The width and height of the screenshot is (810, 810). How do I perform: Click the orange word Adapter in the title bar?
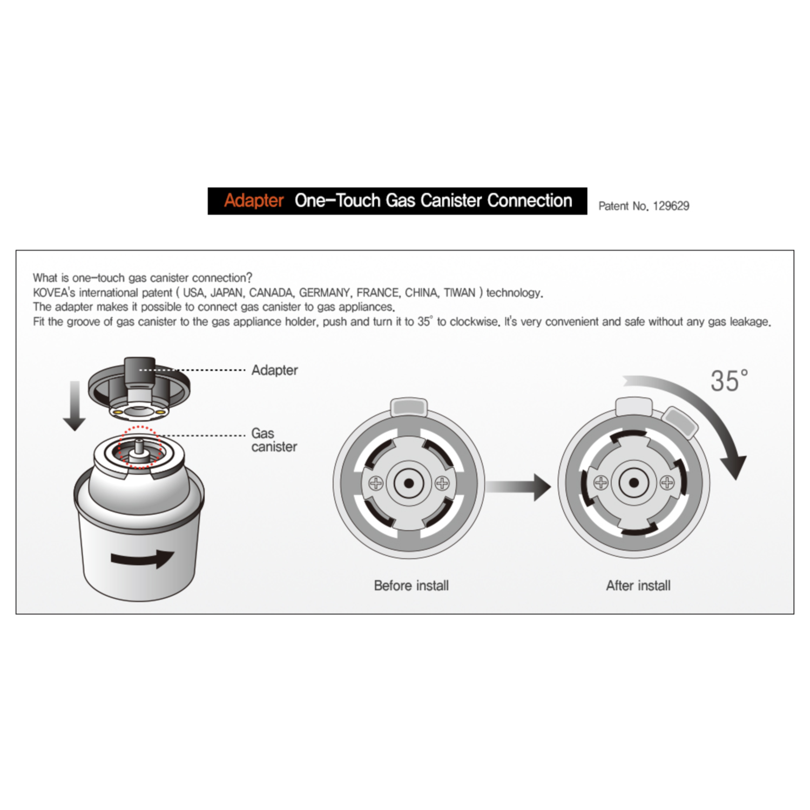254,201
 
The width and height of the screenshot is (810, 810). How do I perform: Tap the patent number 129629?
671,206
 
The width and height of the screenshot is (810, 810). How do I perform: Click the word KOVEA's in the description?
54,293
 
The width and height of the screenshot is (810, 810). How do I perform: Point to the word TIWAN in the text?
460,293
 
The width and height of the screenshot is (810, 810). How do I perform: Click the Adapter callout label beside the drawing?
275,370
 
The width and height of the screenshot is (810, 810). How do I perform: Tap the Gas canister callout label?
274,440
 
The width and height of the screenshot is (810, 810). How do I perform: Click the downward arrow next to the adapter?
75,406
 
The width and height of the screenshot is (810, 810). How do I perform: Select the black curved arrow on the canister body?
143,558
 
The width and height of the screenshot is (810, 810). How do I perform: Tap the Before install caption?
411,586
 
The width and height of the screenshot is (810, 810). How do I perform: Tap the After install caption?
638,586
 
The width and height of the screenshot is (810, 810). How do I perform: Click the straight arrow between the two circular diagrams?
518,487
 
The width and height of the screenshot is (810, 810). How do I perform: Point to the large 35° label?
729,381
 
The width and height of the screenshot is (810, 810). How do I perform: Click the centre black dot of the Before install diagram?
409,483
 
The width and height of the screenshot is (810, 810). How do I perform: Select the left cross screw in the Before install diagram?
376,483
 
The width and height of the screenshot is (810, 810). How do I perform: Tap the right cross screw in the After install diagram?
667,483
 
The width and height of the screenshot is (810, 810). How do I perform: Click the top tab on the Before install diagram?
409,407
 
